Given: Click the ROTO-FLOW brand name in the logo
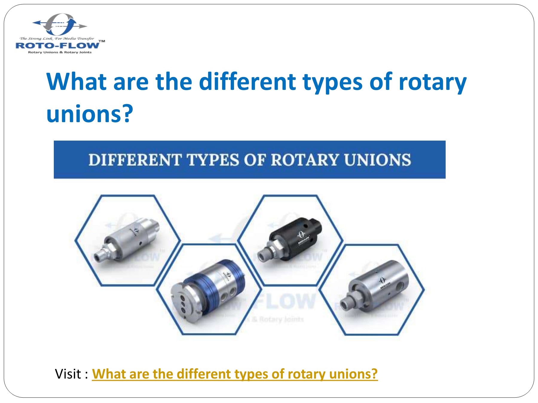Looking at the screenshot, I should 57,46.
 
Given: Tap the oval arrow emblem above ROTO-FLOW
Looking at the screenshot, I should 60,24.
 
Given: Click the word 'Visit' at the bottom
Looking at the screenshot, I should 68,374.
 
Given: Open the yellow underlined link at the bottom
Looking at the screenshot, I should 235,374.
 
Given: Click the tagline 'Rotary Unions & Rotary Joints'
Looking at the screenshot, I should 60,52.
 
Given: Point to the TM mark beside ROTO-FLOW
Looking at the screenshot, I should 102,41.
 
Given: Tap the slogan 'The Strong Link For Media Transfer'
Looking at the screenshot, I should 57,39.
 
